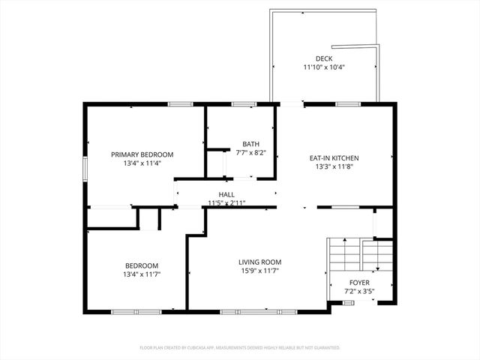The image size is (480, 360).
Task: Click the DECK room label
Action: point(324,58)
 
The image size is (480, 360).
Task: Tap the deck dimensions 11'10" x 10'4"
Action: point(324,67)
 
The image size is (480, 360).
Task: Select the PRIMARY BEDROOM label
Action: point(142,154)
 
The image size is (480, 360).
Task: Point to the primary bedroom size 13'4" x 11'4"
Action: point(142,163)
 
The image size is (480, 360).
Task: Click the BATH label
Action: point(250,144)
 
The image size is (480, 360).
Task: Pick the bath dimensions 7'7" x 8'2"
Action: point(250,152)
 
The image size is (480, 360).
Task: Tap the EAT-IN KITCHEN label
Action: point(334,158)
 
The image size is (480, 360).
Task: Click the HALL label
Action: point(226,194)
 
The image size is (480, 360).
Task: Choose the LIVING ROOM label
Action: point(260,262)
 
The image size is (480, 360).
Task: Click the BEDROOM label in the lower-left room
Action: point(142,265)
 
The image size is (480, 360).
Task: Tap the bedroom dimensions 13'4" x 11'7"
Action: point(142,274)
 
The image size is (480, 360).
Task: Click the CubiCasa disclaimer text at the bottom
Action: point(240,348)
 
